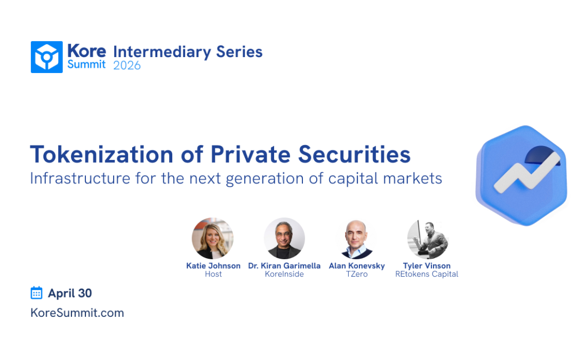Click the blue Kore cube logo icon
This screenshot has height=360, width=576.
point(46,57)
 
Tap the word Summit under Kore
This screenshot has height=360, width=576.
point(86,65)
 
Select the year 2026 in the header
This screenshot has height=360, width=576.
point(127,66)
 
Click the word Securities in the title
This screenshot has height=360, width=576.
point(354,154)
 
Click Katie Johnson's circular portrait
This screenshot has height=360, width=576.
point(212,238)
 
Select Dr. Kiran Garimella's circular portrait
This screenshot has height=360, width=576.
point(284,238)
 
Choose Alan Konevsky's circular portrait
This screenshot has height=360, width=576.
point(356,238)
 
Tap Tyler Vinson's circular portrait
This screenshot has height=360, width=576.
point(427,238)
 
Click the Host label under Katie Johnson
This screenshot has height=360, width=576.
point(213,274)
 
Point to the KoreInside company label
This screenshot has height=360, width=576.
point(284,274)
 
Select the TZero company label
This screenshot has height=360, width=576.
point(356,274)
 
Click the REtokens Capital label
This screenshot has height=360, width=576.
point(427,274)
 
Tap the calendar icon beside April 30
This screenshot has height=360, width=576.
point(36,293)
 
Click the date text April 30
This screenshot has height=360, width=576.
point(70,293)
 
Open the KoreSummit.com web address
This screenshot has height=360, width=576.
point(77,313)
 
